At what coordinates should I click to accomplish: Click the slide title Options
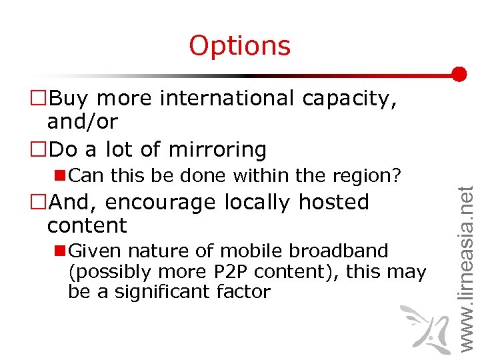(240, 45)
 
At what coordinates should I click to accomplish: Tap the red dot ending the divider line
(459, 74)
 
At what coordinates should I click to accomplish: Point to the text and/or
(82, 122)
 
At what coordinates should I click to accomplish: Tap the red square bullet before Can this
(60, 175)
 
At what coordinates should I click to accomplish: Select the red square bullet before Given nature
(60, 251)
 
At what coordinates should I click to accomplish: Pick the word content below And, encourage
(87, 225)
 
